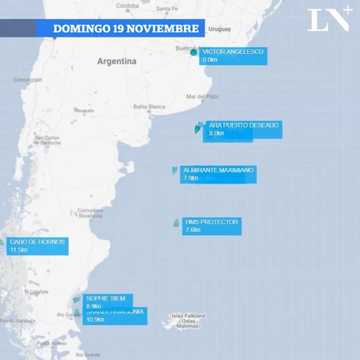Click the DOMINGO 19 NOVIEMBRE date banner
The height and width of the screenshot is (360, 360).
125,28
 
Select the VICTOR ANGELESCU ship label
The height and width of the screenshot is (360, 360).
232,55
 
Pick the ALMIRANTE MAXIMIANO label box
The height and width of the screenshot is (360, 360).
218,174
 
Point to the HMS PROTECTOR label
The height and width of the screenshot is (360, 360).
212,226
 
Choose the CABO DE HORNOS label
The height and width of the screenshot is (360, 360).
37,246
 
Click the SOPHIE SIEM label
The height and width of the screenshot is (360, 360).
107,301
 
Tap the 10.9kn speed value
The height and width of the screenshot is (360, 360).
95,319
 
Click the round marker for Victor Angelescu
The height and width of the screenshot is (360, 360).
193,52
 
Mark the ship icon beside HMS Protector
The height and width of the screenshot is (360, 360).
176,223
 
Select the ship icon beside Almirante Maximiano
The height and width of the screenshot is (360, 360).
174,170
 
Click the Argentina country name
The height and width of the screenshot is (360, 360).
116,61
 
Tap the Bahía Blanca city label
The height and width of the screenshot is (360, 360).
149,106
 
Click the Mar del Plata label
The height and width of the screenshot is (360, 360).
202,96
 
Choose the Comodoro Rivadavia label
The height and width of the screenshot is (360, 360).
90,213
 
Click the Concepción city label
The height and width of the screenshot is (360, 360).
28,79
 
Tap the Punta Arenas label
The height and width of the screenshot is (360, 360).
51,343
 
